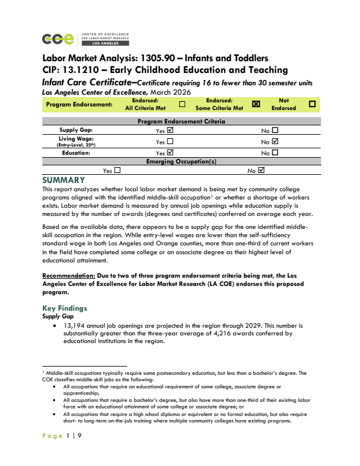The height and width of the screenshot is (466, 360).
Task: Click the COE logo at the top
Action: pyautogui.click(x=59, y=39)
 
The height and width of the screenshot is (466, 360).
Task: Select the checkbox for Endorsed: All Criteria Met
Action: pyautogui.click(x=182, y=104)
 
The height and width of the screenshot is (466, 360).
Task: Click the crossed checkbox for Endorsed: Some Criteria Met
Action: pyautogui.click(x=256, y=104)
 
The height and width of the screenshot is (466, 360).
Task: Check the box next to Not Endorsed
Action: pyautogui.click(x=312, y=104)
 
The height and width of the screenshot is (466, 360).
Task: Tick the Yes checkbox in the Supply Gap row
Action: pyautogui.click(x=171, y=130)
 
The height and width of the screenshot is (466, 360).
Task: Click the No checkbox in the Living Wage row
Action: pyautogui.click(x=274, y=141)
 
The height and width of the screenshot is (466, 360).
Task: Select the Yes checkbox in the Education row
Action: pyautogui.click(x=171, y=152)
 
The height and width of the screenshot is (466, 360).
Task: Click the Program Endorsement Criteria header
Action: pyautogui.click(x=181, y=121)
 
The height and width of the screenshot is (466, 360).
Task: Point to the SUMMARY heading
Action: pyautogui.click(x=64, y=180)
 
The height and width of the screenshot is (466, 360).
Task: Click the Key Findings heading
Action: pyautogui.click(x=65, y=308)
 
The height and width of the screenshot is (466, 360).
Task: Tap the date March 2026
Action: pyautogui.click(x=170, y=92)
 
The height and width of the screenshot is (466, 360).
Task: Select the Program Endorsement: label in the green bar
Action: pyautogui.click(x=79, y=104)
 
